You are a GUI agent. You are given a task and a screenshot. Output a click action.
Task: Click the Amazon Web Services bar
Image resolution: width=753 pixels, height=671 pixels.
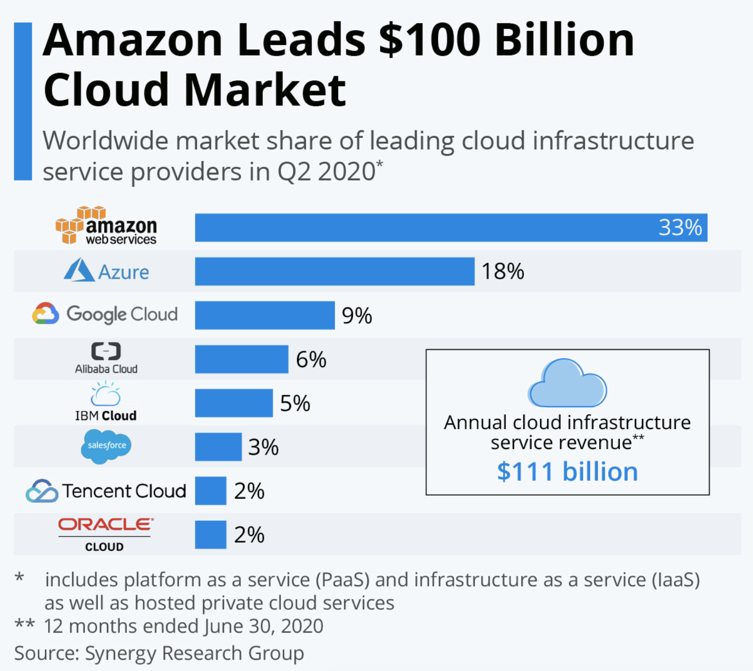[x=451, y=228]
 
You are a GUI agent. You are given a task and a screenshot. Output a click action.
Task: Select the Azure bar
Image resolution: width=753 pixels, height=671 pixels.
[x=335, y=271]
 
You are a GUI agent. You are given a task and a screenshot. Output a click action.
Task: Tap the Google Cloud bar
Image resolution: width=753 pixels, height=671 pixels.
[x=264, y=315]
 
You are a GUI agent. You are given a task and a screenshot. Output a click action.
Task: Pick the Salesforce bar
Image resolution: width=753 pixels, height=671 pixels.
[x=218, y=446]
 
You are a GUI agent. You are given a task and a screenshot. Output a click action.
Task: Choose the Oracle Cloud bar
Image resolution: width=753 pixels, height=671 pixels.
[x=210, y=534]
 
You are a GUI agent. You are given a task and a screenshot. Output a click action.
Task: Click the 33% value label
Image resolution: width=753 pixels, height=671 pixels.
[x=680, y=228]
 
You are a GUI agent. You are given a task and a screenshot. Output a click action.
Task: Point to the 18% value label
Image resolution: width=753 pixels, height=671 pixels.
[x=502, y=271]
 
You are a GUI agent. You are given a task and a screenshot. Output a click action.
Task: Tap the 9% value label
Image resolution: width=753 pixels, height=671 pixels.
[x=357, y=316]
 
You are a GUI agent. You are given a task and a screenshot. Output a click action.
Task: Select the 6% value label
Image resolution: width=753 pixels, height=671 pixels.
[x=311, y=359]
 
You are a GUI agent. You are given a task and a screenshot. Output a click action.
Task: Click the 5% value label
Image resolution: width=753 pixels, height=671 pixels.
[x=295, y=403]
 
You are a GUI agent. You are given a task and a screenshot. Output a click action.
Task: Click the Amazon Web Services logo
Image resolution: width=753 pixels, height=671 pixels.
[x=106, y=225]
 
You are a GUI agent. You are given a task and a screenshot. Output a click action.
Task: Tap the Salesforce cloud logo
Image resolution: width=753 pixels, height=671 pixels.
[x=106, y=446]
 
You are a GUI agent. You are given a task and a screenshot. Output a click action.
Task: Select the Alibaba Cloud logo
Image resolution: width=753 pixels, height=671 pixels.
[x=106, y=358]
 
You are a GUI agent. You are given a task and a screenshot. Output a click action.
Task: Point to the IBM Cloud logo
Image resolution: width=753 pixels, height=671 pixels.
[x=106, y=401]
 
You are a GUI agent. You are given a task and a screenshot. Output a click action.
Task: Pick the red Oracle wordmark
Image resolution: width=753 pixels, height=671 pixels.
[x=106, y=524]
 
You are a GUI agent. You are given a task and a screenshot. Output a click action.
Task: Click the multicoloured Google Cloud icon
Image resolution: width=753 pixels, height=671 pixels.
[x=46, y=313]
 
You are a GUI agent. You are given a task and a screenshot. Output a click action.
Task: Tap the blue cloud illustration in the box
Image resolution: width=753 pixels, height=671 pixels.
[x=567, y=383]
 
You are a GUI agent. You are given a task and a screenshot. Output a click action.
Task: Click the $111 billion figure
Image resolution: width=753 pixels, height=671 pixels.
[x=567, y=472]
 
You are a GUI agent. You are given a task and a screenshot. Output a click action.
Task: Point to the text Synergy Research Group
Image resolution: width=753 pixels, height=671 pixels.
[x=194, y=653]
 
